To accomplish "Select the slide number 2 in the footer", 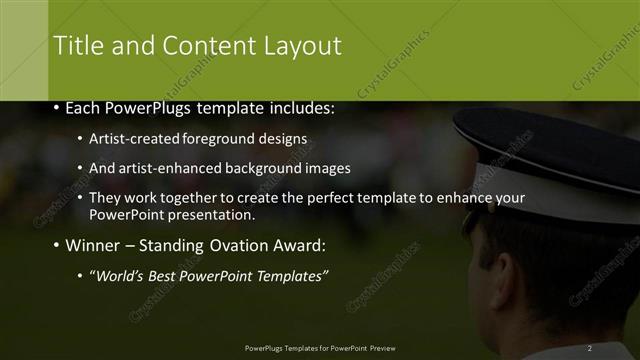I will (x=590, y=348).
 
